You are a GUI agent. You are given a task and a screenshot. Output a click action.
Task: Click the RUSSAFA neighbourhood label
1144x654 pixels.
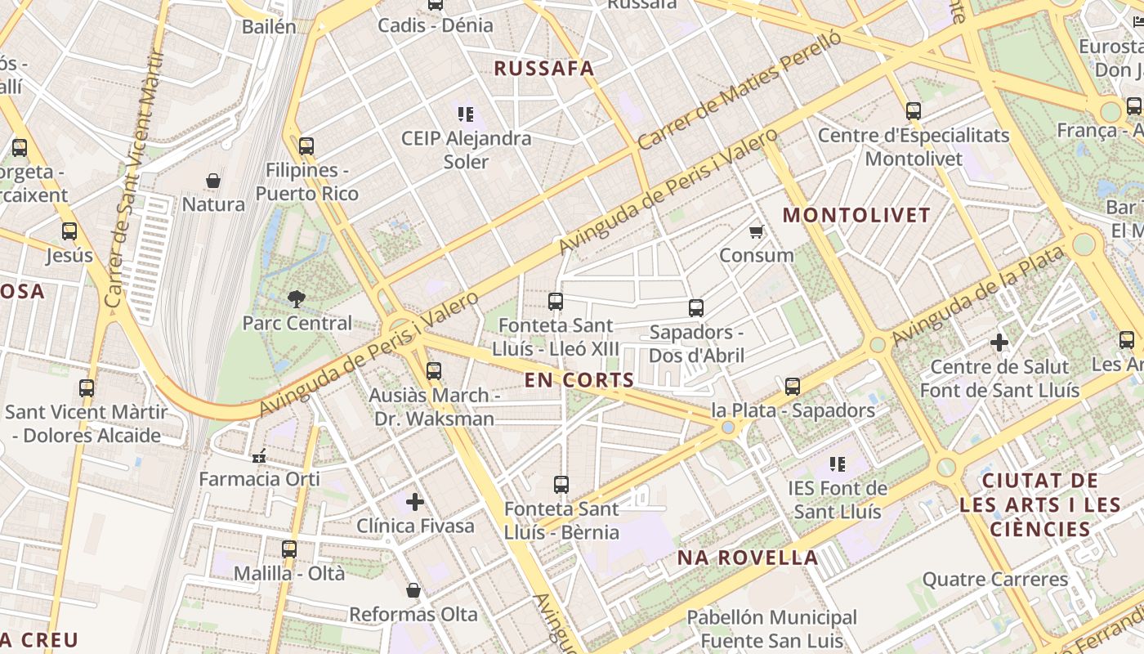click(x=544, y=69)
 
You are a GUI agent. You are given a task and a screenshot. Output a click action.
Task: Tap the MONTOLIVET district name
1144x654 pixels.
click(x=856, y=216)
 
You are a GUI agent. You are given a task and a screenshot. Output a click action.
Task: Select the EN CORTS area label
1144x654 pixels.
click(x=579, y=380)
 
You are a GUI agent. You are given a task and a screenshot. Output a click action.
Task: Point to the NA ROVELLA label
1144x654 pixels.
click(x=748, y=558)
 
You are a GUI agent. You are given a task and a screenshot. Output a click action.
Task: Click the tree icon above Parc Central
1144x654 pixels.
click(x=297, y=299)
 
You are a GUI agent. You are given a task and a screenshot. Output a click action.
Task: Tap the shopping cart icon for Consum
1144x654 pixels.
click(x=757, y=231)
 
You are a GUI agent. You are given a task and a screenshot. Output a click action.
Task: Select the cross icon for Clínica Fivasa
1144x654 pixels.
click(x=415, y=501)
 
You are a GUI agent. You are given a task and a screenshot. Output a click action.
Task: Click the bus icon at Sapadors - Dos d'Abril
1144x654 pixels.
click(x=696, y=308)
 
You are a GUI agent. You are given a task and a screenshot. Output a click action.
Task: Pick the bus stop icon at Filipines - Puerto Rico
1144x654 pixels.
click(x=306, y=146)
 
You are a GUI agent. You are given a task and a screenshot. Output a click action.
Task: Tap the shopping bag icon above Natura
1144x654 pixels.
click(x=213, y=181)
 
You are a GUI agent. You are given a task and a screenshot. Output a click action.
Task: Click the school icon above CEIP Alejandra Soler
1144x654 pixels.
click(x=466, y=114)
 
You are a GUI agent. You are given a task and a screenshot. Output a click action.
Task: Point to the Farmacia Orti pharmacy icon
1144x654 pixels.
click(x=260, y=455)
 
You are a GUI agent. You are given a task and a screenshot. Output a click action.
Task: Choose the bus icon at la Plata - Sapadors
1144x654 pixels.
click(x=793, y=386)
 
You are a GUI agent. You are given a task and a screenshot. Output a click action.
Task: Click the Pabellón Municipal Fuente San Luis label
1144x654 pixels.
click(x=771, y=629)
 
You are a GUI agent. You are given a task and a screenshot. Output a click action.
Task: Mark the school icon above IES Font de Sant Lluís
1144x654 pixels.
click(x=838, y=464)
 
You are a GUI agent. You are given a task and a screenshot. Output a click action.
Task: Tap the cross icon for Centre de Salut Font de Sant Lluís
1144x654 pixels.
click(x=999, y=343)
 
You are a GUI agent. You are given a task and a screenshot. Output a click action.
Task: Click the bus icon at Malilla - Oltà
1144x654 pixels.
click(x=289, y=549)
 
